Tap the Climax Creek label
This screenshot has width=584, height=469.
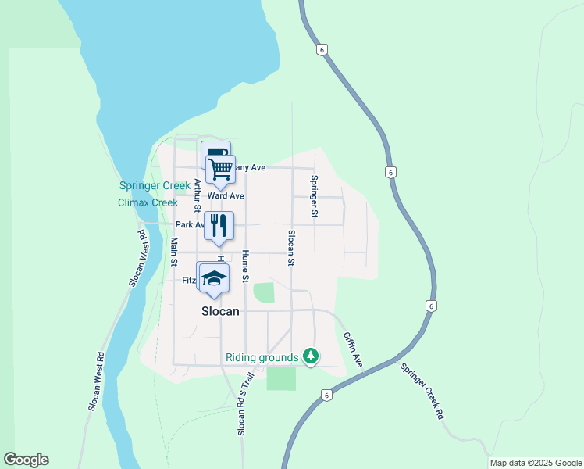148,202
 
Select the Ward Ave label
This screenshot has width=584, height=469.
226,195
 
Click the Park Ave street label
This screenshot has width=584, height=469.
190,225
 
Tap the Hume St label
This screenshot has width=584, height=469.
245,266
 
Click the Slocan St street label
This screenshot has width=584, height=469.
291,248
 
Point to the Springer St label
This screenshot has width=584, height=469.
314,196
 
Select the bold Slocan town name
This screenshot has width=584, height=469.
219,310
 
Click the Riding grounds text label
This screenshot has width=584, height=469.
262,358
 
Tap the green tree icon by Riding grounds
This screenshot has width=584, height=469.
312,357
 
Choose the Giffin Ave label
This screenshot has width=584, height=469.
354,350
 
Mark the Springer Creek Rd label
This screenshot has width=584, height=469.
422,392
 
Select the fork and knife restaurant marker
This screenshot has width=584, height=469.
218,225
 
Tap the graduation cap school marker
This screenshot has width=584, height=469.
213,277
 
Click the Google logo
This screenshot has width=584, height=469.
26,460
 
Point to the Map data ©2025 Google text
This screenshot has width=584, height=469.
535,463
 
